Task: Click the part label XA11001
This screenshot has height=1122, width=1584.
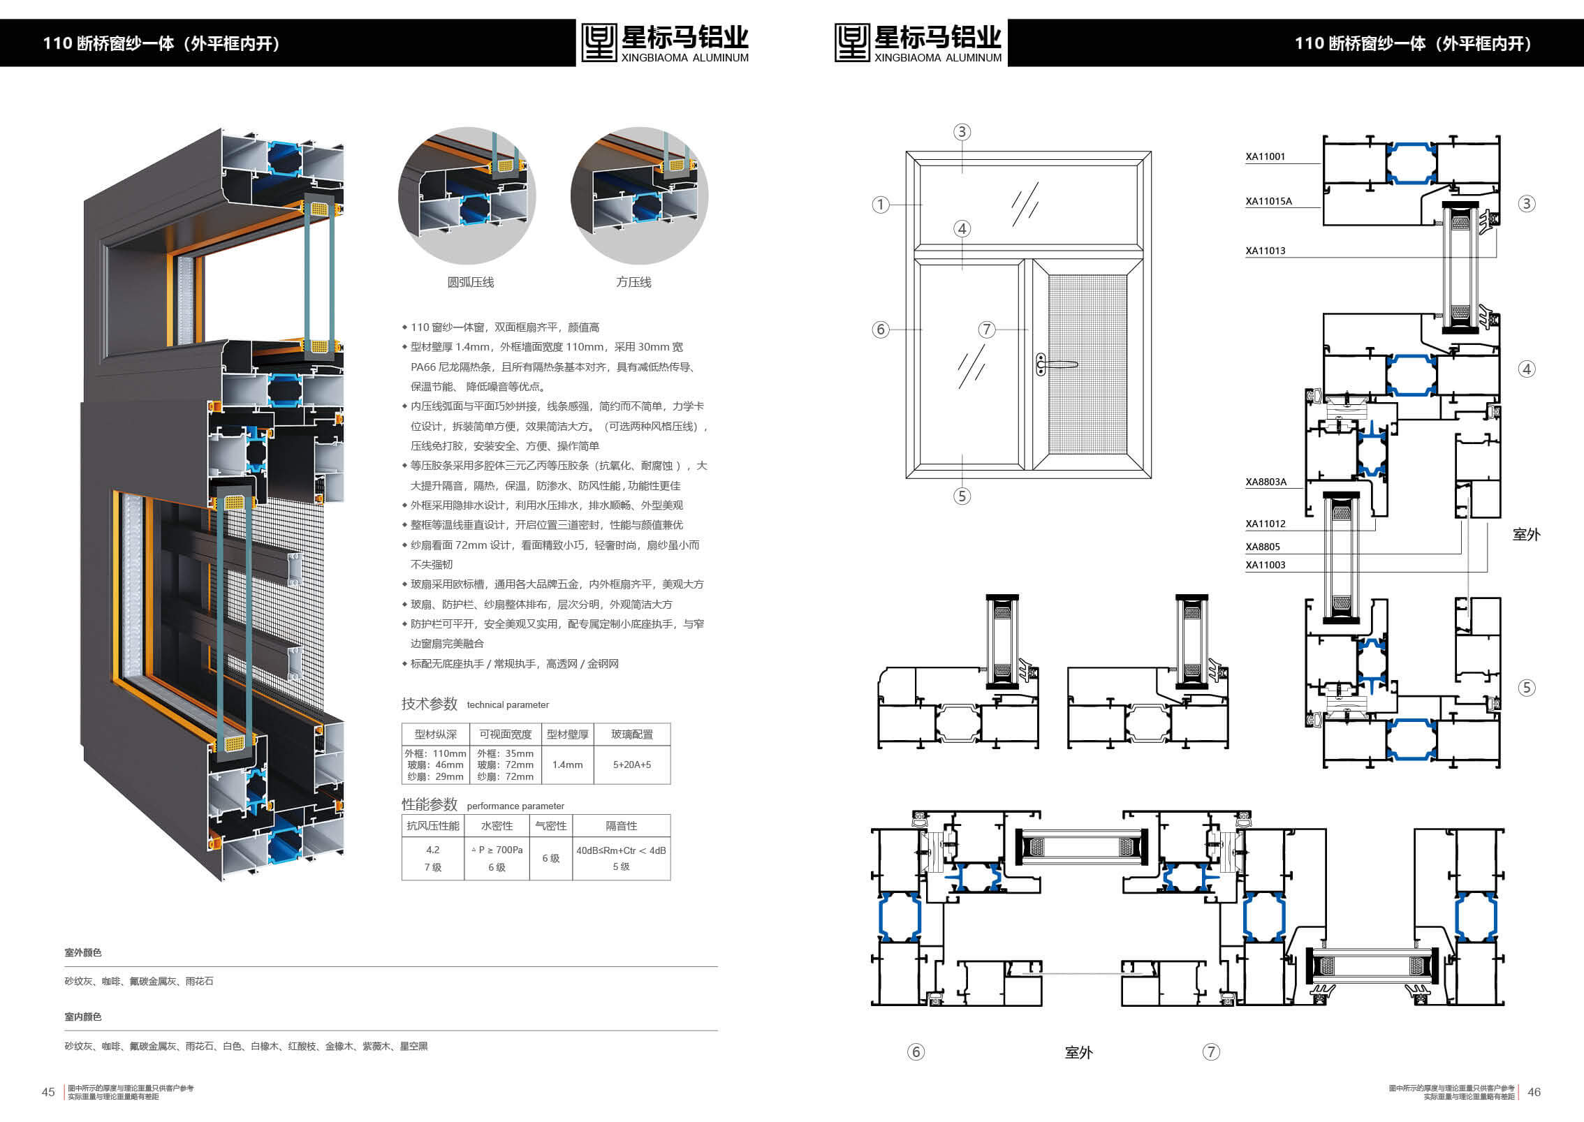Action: [1265, 156]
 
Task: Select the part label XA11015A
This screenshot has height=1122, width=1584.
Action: [1268, 201]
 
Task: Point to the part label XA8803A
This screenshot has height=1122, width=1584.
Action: [1266, 482]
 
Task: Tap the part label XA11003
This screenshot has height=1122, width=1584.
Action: [1265, 565]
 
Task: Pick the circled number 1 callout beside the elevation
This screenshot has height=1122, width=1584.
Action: [880, 205]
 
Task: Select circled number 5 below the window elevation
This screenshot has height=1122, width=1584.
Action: [962, 496]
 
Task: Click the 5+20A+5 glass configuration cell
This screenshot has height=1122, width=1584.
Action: [632, 765]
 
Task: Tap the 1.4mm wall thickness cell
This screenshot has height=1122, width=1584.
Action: [567, 765]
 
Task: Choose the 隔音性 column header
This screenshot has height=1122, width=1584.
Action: [622, 826]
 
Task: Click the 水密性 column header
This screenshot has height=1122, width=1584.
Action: [497, 826]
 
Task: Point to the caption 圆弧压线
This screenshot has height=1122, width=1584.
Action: [471, 282]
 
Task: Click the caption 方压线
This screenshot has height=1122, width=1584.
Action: [633, 282]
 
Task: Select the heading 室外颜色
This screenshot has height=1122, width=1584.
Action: [83, 952]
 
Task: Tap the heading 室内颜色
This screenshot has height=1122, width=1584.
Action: [83, 1017]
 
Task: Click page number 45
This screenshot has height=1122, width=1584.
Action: [48, 1092]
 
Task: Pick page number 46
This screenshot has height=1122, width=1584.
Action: [1534, 1092]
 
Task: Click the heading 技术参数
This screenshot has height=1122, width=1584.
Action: [430, 703]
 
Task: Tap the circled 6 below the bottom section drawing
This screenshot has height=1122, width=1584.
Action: [916, 1051]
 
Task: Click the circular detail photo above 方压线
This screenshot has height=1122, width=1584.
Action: [639, 195]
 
